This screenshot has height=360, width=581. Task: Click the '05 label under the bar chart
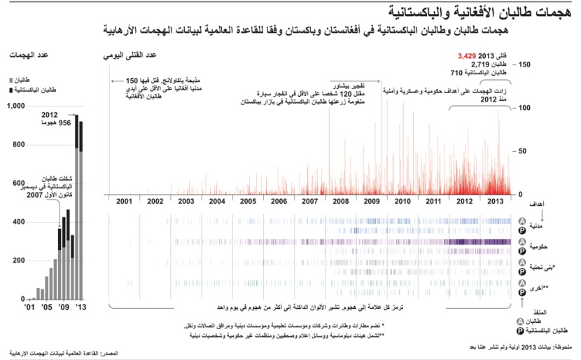point(47,307)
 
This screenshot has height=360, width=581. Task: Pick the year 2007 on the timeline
point(309,201)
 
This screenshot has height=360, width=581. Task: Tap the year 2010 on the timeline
point(402,201)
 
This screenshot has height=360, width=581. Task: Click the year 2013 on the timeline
point(495,201)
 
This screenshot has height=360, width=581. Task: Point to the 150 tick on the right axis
point(524,64)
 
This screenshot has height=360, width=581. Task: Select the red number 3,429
point(467,55)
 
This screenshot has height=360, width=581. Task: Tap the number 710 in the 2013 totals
point(456,73)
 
